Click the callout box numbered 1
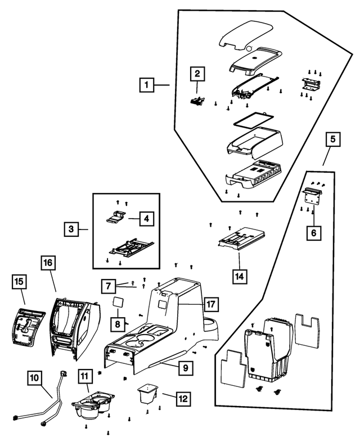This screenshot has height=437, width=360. tap(146, 85)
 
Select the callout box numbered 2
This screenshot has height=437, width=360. tap(197, 74)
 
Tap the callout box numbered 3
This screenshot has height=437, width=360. tap(71, 229)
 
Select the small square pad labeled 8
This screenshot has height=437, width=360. tap(119, 301)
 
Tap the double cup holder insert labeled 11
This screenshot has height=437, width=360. tap(91, 406)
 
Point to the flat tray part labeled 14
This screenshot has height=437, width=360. tap(241, 237)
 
